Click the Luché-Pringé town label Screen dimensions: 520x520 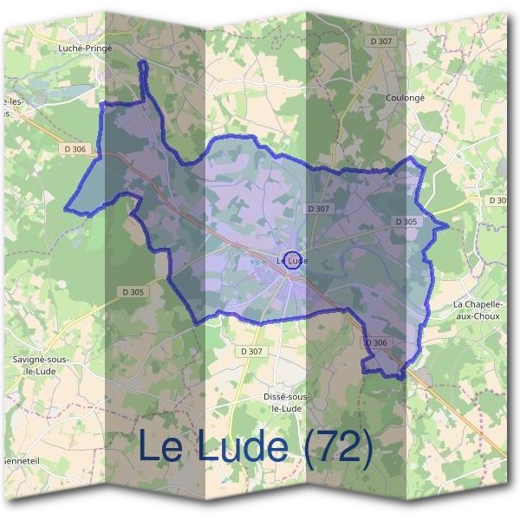coord(82,49)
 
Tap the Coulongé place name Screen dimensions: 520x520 coord(404,98)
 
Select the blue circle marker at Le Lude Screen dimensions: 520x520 coord(294,260)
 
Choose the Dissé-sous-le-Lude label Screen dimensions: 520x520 coord(286,401)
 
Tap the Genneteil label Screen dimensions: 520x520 coord(18,461)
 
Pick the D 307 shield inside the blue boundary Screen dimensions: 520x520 coord(318,209)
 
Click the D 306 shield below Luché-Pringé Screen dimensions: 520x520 coord(75,149)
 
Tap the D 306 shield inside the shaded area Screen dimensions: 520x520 coord(376,343)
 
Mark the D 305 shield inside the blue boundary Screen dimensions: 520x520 coord(406,222)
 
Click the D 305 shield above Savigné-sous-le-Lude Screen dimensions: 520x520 coord(133,292)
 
